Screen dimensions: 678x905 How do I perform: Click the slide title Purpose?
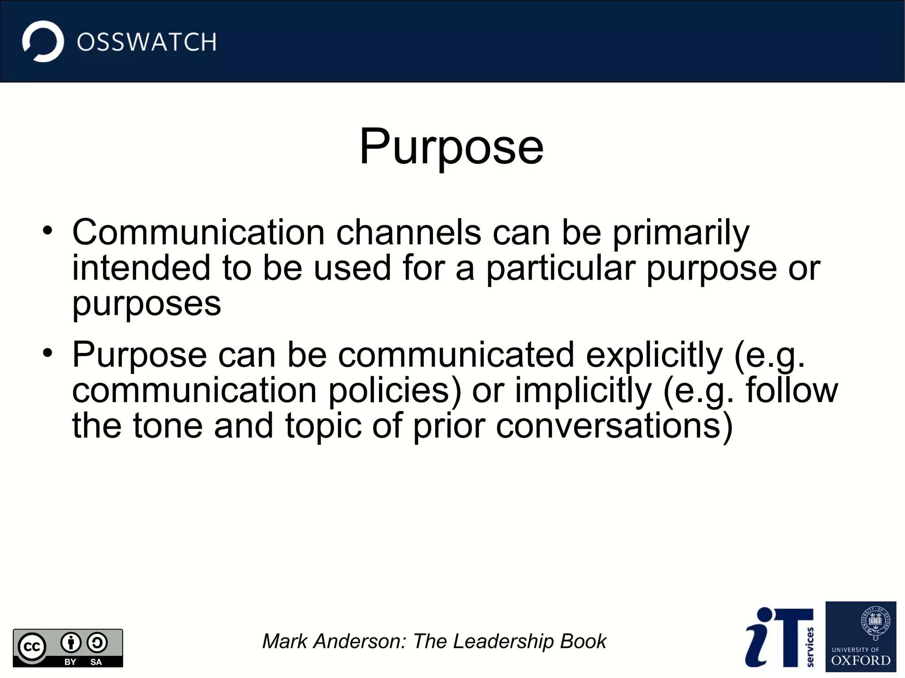click(451, 147)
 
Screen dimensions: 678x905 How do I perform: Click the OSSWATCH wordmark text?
click(146, 42)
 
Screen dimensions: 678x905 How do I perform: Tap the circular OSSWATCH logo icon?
click(43, 42)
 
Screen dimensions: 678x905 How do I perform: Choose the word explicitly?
click(654, 356)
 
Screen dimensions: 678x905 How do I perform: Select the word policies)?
click(395, 391)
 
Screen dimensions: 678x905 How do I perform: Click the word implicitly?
click(583, 391)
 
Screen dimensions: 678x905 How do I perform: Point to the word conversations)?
click(614, 426)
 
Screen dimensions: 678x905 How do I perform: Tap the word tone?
click(167, 426)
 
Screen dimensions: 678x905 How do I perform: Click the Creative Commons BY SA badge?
click(68, 648)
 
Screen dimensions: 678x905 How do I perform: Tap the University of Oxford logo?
click(860, 636)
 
